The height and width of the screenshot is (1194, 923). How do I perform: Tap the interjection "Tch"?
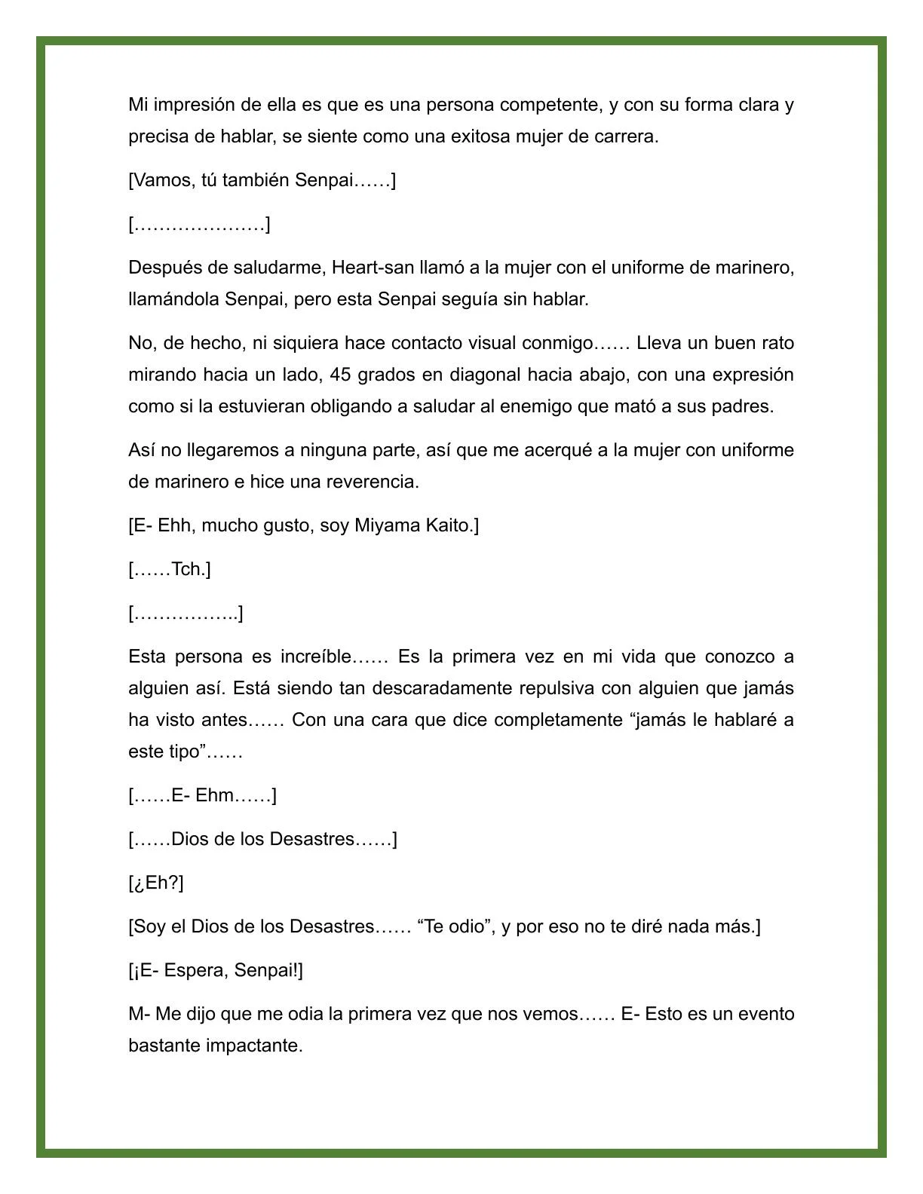pos(187,569)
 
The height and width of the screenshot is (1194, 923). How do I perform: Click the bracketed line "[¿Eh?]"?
pos(156,883)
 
